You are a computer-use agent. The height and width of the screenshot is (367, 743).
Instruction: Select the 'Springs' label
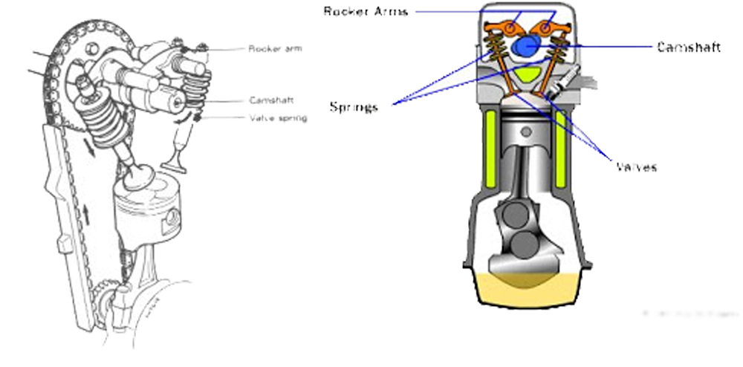354,106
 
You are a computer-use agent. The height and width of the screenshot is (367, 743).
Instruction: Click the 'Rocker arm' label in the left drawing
275,50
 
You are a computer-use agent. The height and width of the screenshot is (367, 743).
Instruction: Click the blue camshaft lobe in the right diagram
527,45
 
